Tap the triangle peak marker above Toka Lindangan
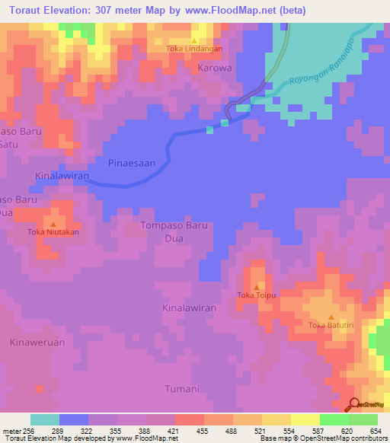click(194, 40)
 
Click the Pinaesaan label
click(132, 163)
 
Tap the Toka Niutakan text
click(53, 232)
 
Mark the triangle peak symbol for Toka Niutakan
click(53, 224)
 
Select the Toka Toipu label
click(255, 295)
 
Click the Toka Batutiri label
click(331, 326)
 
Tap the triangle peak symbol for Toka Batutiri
click(331, 317)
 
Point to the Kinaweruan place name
click(37, 343)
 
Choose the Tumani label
click(182, 389)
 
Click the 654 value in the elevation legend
click(376, 430)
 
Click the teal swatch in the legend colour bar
click(45, 419)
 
